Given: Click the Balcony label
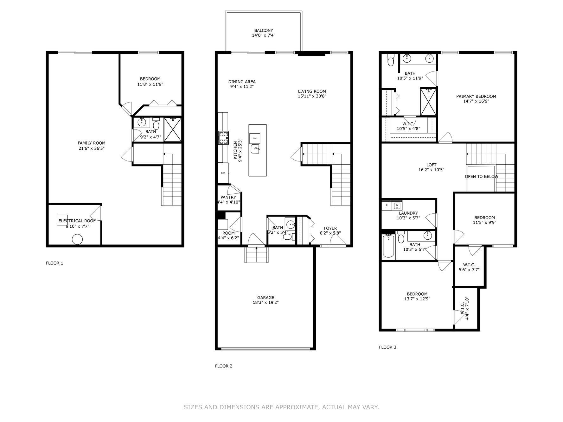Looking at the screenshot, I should click(x=263, y=31).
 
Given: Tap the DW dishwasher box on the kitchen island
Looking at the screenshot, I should click(x=255, y=139).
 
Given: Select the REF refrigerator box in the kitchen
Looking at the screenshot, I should click(x=223, y=173).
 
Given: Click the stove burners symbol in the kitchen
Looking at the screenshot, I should click(x=223, y=138).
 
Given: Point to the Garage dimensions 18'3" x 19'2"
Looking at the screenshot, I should click(x=266, y=302).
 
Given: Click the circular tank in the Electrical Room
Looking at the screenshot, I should click(x=77, y=239).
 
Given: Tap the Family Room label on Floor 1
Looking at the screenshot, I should click(x=92, y=143).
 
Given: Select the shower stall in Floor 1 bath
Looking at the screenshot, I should click(x=173, y=129).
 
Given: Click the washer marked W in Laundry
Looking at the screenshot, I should click(x=397, y=205).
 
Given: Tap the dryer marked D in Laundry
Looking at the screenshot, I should click(x=387, y=205).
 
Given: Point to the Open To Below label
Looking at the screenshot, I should click(x=481, y=177).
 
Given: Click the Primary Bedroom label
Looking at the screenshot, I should click(x=476, y=97).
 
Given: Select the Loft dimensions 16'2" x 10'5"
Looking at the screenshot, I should click(x=431, y=170).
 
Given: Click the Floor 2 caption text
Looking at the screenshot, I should click(x=224, y=366).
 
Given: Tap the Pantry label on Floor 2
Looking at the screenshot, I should click(x=228, y=197).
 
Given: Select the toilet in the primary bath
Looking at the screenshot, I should click(x=391, y=60).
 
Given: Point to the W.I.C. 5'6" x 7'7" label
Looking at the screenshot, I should click(x=469, y=267).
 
